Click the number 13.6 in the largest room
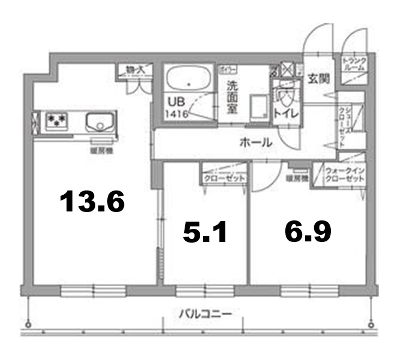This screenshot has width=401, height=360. pyautogui.click(x=92, y=202)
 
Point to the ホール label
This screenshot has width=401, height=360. pyautogui.click(x=256, y=143)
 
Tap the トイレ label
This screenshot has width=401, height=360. pyautogui.click(x=282, y=111)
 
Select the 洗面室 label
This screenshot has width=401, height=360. pyautogui.click(x=231, y=96)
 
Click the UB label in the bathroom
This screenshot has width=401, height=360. pyautogui.click(x=175, y=101)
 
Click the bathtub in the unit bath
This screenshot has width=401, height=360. pyautogui.click(x=188, y=79)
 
